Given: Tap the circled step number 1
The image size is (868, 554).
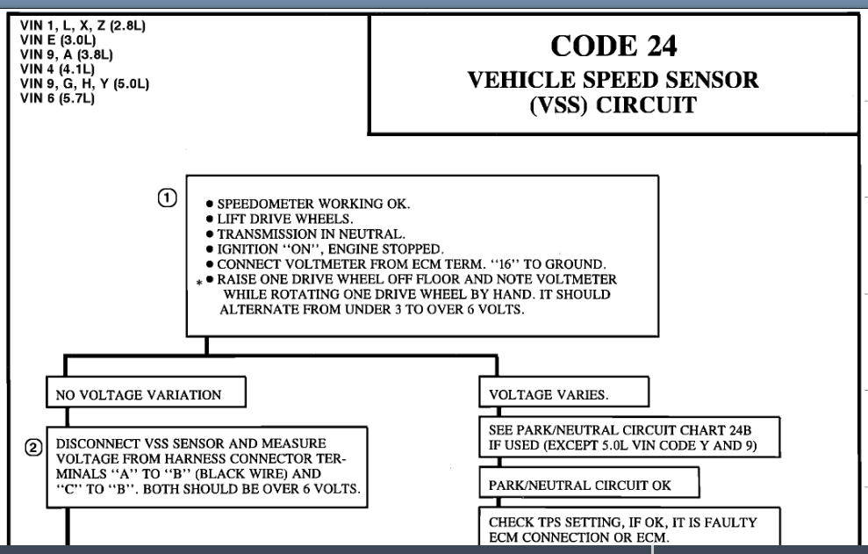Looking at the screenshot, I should point(167,198).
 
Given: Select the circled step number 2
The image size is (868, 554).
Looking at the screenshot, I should point(32,449).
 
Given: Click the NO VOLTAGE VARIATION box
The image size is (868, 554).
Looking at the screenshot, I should point(139,395).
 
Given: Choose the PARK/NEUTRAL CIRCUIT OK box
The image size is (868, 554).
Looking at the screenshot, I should point(576,484).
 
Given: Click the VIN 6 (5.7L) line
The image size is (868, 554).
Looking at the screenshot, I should point(57,98).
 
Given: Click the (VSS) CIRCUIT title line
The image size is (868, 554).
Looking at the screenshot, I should point(613,107).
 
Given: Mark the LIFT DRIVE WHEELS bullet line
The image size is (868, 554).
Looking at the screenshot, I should point(275,219).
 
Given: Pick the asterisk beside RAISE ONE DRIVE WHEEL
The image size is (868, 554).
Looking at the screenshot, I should point(198,284).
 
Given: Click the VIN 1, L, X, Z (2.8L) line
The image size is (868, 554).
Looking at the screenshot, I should point(82,25).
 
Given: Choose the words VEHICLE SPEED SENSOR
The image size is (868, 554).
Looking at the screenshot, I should point(613,80).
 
